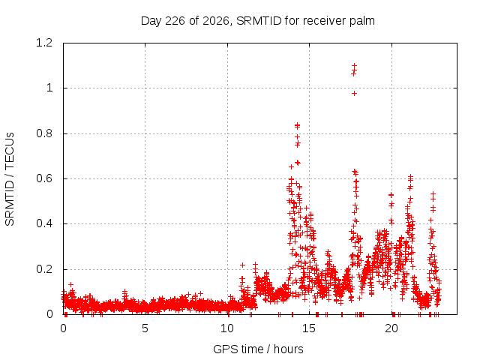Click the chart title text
(x=258, y=21)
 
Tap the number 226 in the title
(x=175, y=21)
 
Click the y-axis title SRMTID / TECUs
(x=10, y=179)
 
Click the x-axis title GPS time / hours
(x=258, y=349)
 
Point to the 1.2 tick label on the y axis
(x=44, y=43)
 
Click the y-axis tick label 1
(x=49, y=88)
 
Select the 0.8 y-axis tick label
(x=44, y=133)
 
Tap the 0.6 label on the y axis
(x=44, y=178)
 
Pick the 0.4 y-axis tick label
(x=44, y=223)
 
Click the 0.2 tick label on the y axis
(x=44, y=269)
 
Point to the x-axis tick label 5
(x=145, y=328)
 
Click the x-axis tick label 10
(x=227, y=328)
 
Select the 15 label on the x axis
(x=309, y=328)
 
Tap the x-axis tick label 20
(x=391, y=328)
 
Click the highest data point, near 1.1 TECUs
(x=354, y=65)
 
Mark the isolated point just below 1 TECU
(x=354, y=93)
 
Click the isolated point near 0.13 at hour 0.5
(x=71, y=284)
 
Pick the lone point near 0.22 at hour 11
(x=242, y=265)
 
